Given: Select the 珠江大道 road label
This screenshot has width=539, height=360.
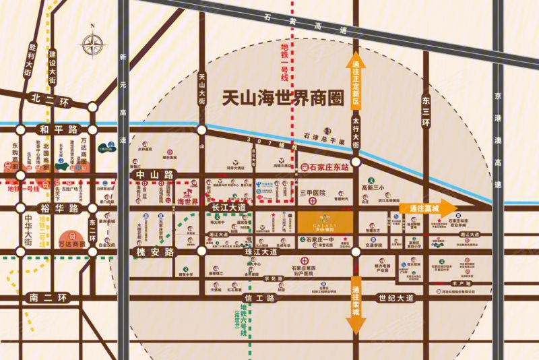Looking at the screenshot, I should pos(259,251).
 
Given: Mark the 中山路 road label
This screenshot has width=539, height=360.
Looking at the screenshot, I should pos(156,175).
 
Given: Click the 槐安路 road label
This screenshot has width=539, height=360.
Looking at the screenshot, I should pos(156,251).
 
